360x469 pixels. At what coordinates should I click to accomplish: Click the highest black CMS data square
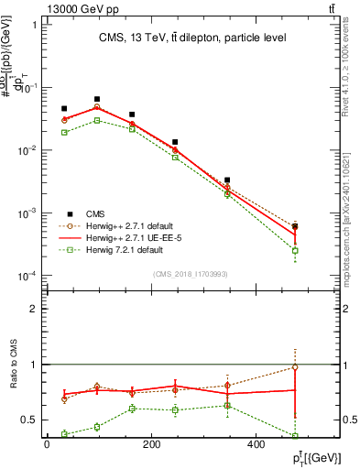(97, 99)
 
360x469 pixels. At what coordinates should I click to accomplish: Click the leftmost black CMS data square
(64, 108)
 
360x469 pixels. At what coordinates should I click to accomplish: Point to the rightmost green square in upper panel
(295, 250)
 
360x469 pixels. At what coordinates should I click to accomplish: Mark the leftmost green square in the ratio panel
(64, 434)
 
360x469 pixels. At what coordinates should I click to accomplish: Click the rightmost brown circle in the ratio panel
(295, 367)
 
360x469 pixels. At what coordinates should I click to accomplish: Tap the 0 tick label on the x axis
(47, 445)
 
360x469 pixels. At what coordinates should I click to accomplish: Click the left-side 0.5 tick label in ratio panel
(30, 420)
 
